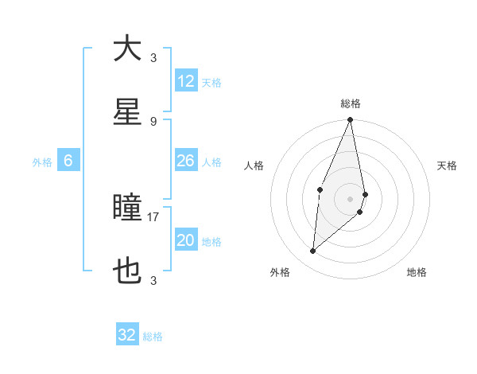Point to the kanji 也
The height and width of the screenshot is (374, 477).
[x=127, y=271]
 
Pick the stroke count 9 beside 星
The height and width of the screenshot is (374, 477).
[x=153, y=122]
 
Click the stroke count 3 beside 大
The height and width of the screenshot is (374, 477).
[x=153, y=57]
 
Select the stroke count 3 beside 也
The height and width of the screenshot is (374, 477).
[x=153, y=281]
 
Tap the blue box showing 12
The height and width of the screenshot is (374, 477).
[x=186, y=80]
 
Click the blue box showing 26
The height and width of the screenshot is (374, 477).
[x=186, y=161]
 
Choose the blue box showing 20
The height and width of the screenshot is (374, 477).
[x=186, y=240]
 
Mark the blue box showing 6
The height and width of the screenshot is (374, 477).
[x=68, y=161]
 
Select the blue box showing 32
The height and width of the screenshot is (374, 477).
[x=127, y=335]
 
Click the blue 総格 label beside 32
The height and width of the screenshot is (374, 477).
[x=153, y=337]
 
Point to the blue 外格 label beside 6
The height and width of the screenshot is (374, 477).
[x=42, y=162]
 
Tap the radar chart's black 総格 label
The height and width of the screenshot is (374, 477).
[x=351, y=103]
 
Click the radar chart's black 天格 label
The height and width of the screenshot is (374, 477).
[x=447, y=166]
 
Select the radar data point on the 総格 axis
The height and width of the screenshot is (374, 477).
[x=350, y=120]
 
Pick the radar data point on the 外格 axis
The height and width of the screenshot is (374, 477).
[x=312, y=251]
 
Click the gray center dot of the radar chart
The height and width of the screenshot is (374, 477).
[x=350, y=198]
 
